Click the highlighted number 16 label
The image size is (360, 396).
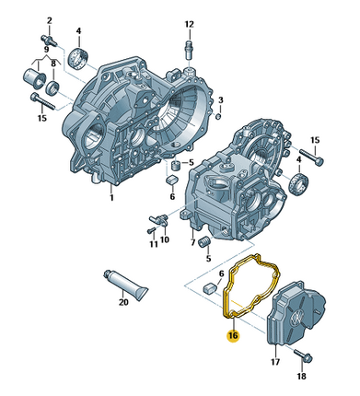(x=233, y=335)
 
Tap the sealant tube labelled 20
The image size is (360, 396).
(x=126, y=283)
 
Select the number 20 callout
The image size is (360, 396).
(x=123, y=302)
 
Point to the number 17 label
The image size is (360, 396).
(x=275, y=362)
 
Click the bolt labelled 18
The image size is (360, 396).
(x=303, y=355)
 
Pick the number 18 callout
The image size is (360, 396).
(x=302, y=376)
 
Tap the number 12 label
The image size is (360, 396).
(x=190, y=24)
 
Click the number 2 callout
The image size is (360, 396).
(x=50, y=21)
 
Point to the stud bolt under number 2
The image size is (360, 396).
(x=49, y=41)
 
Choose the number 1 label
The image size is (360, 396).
(x=111, y=197)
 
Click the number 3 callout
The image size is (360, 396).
(x=221, y=99)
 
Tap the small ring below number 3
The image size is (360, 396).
(x=218, y=116)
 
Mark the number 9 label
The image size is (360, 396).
(x=46, y=50)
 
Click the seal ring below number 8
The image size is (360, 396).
(x=52, y=87)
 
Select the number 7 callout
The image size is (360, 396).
(x=192, y=242)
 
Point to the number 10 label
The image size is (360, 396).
(x=165, y=239)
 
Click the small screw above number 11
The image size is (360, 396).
(x=152, y=230)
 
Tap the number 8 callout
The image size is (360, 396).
(x=53, y=64)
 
